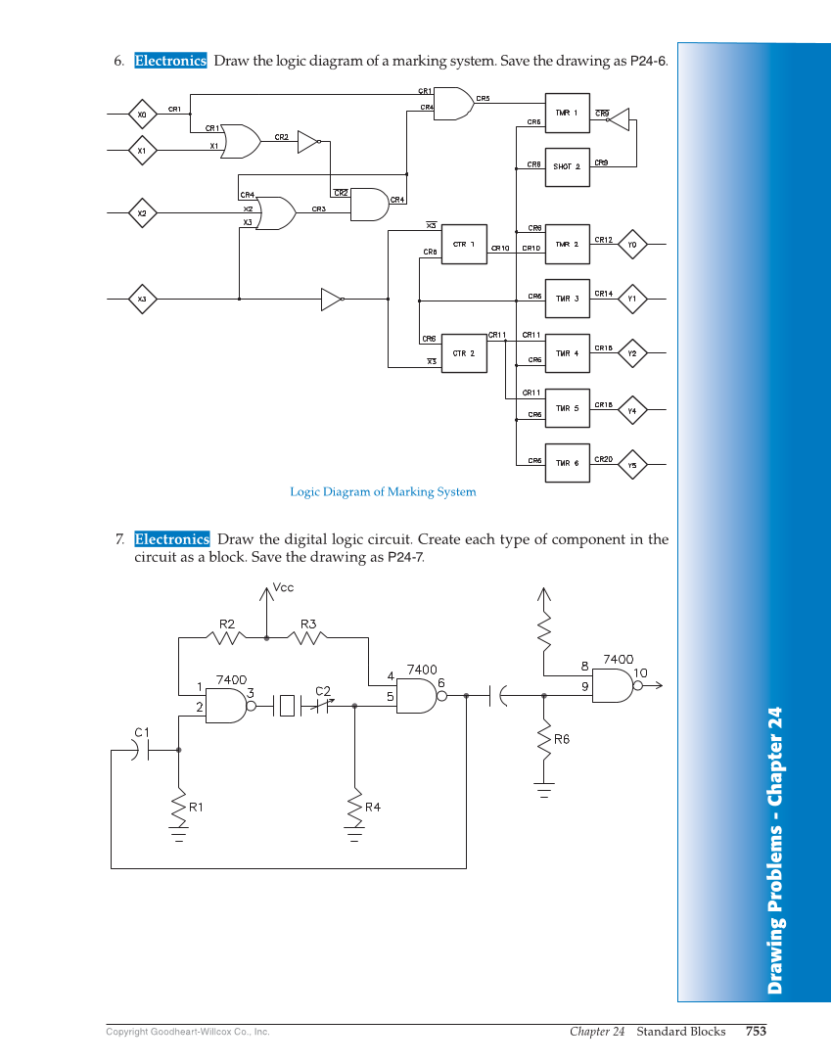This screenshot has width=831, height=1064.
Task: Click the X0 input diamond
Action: coord(142,115)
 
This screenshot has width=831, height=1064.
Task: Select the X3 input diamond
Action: coord(142,299)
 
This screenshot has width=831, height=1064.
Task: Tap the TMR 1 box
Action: coord(567,114)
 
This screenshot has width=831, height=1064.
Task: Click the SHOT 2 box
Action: coord(567,167)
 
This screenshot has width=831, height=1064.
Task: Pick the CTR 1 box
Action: coord(464,245)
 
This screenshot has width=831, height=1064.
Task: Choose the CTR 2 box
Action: coord(464,353)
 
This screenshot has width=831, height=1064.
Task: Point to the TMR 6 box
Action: coord(567,463)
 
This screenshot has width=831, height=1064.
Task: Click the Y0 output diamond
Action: coord(632,245)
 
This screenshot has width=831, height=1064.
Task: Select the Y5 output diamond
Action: coord(632,466)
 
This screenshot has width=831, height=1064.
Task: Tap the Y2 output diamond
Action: coord(632,353)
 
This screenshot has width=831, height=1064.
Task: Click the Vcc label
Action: coord(283,588)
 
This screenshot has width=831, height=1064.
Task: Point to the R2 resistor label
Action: coord(227,624)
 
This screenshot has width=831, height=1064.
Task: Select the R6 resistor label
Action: coord(562,740)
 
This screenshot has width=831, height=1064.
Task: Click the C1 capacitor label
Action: coord(141,732)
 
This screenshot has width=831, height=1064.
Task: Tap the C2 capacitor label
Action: coord(323,691)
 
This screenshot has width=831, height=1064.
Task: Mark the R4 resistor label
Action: coord(373,807)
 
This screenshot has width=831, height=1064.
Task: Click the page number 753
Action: coord(755,1031)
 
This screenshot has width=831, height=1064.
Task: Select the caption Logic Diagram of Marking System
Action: coord(383,491)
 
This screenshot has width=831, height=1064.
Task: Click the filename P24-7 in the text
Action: coord(405,557)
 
